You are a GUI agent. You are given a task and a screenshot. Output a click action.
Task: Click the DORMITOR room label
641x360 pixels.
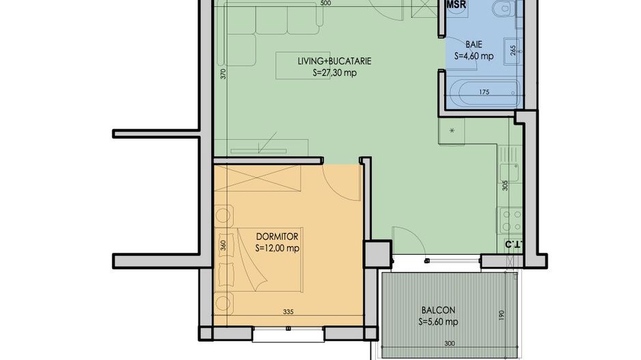click(277, 236)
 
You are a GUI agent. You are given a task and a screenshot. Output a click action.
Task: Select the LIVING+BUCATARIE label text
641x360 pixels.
click(334, 61)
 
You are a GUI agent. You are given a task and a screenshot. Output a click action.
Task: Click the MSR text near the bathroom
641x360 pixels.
click(456, 6)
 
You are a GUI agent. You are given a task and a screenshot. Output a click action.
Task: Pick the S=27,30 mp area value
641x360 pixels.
click(334, 72)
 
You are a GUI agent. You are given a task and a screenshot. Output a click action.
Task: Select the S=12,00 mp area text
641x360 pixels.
click(277, 248)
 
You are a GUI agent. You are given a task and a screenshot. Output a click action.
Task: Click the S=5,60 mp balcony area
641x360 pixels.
click(437, 321)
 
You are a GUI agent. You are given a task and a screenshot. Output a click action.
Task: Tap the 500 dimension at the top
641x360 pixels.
click(325, 3)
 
